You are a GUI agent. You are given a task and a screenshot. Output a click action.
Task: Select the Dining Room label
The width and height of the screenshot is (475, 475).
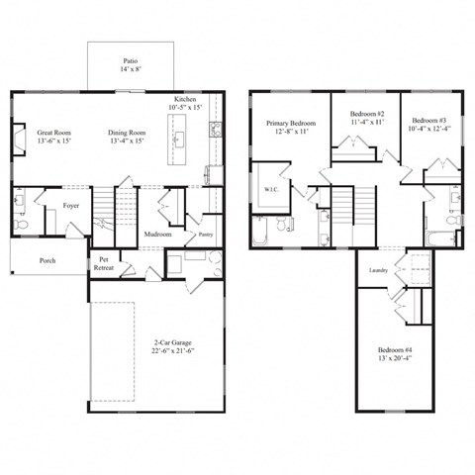click(129, 132)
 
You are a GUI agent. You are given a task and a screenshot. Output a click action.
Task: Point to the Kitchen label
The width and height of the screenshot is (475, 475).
click(187, 100)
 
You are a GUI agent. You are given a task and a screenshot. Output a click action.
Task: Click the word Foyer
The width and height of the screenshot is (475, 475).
click(70, 206)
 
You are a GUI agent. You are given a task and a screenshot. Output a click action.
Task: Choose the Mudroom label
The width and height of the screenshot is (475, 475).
click(158, 235)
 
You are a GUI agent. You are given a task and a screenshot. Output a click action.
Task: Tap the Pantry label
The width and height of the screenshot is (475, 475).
click(206, 235)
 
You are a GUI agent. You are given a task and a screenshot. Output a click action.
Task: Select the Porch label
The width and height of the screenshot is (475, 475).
click(47, 261)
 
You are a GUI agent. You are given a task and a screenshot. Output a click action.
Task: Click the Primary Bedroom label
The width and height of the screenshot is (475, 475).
click(290, 124)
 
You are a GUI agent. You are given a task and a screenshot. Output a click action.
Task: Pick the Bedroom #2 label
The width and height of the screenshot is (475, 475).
click(366, 115)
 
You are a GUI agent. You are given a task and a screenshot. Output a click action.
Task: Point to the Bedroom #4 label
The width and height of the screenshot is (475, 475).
click(396, 350)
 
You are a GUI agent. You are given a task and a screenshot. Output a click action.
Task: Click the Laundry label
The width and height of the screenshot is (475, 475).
click(377, 270)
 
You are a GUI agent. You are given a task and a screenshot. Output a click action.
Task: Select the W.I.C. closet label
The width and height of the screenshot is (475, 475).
click(270, 188)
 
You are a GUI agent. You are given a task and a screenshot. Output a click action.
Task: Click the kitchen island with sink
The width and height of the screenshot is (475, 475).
click(178, 139)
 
